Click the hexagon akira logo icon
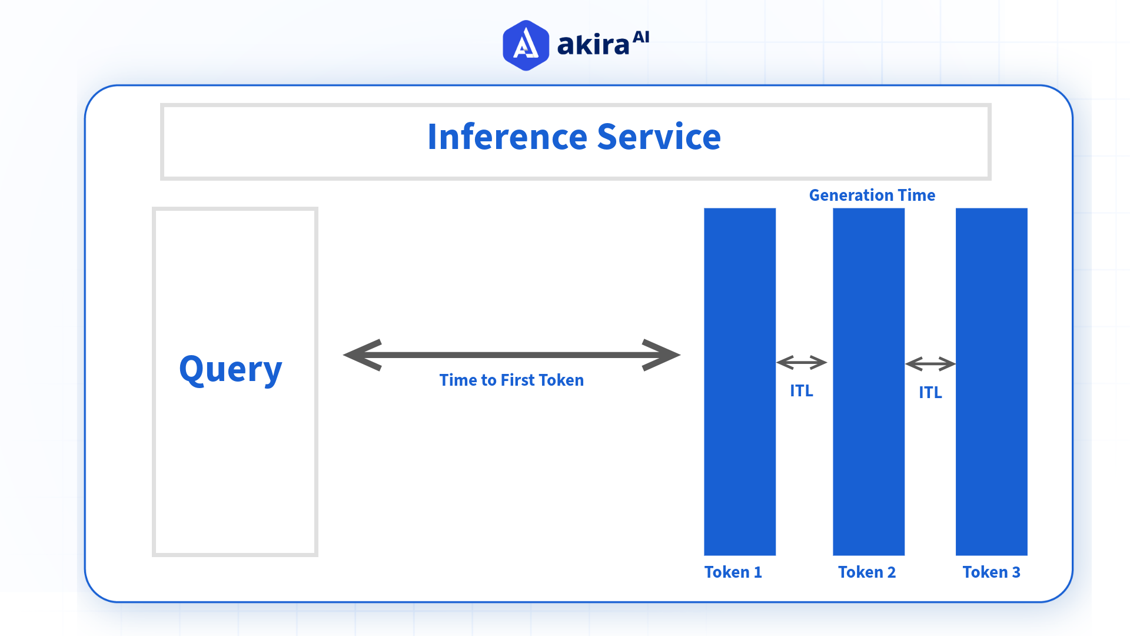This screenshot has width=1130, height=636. tap(526, 45)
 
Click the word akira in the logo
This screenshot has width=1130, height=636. tap(593, 45)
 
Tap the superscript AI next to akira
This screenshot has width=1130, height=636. tap(641, 37)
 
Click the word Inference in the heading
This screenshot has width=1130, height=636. tap(507, 137)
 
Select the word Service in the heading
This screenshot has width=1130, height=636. tap(659, 137)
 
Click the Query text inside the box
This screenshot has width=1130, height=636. tap(231, 370)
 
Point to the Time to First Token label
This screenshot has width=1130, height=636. tap(511, 380)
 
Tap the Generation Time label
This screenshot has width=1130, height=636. tap(872, 195)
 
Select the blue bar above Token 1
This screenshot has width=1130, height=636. tap(740, 381)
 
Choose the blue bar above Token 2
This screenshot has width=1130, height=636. tap(869, 381)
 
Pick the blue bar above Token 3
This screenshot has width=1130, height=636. tap(992, 381)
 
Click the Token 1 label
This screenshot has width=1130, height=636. tap(733, 572)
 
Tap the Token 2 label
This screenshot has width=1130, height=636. tap(867, 572)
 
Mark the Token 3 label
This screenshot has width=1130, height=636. tap(991, 572)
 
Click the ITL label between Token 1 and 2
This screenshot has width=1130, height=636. tap(801, 390)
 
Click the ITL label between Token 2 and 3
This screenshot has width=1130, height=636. tap(930, 392)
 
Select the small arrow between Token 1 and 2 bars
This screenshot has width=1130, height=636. tap(802, 362)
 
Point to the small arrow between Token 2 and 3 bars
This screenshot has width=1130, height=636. tap(930, 364)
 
